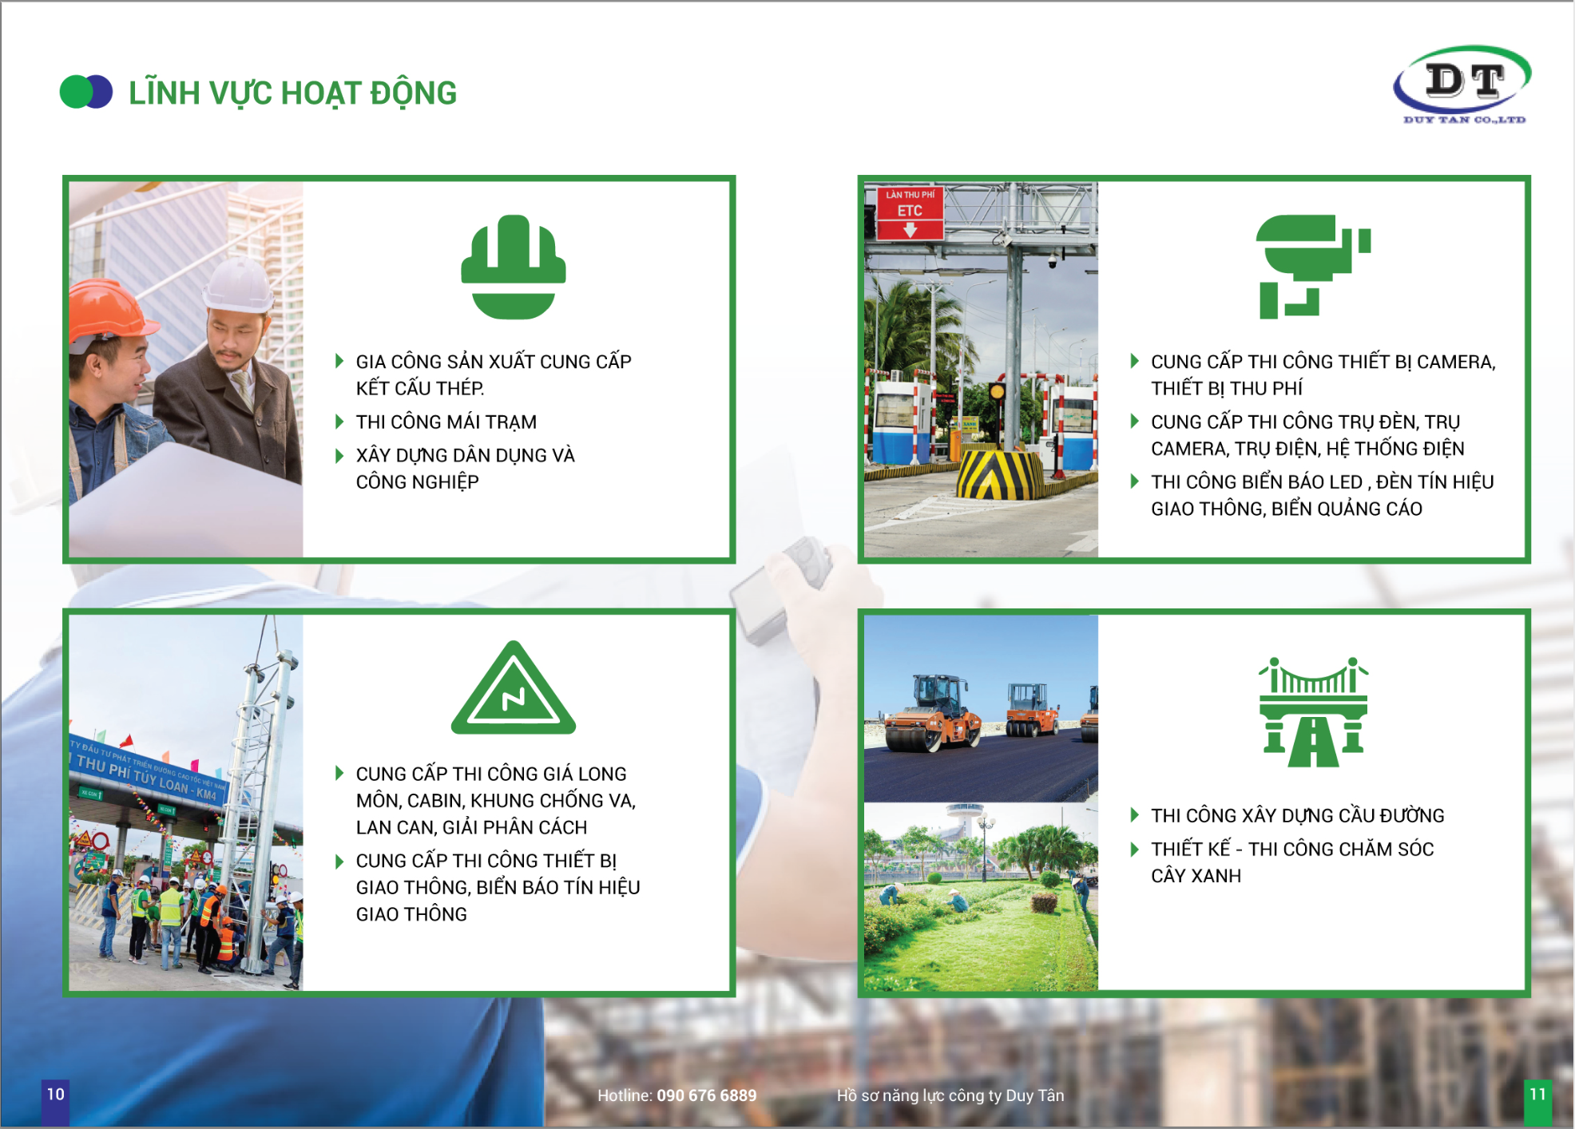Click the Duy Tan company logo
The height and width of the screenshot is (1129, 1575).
[1462, 85]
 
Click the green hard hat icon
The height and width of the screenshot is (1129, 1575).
[514, 267]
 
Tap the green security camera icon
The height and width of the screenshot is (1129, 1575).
[1313, 267]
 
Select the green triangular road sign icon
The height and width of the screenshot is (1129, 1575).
[514, 688]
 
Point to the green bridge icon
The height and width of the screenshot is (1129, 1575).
[1313, 711]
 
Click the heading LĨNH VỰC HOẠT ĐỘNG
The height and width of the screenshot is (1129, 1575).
[292, 93]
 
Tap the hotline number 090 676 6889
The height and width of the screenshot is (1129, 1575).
[706, 1095]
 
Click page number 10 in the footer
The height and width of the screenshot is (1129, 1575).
[55, 1094]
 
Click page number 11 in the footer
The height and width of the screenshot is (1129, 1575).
[1537, 1094]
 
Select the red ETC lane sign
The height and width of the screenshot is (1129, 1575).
[910, 212]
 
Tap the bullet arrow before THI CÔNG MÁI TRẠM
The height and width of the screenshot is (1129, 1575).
[339, 422]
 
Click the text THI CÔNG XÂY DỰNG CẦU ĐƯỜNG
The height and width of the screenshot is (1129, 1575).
[1297, 815]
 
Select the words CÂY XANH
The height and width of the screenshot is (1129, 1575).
[1196, 876]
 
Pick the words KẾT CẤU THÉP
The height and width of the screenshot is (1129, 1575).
[420, 388]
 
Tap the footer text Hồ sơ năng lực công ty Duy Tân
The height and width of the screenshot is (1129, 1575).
[950, 1095]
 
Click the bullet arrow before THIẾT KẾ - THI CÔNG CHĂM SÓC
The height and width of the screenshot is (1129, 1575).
[1134, 849]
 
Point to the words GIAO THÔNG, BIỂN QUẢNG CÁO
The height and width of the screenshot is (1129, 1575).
[1287, 509]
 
